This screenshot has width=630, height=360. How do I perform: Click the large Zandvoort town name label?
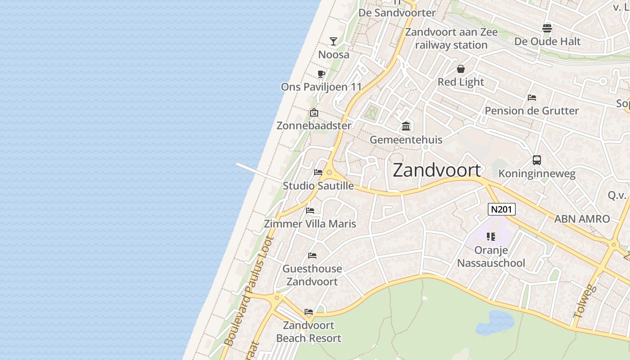click(436, 171)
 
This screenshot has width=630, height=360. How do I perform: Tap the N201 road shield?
click(501, 209)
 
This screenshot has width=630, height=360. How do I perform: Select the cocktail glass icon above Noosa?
click(333, 41)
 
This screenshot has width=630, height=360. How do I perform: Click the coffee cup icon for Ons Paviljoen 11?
click(321, 74)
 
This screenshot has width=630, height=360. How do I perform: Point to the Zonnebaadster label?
click(314, 126)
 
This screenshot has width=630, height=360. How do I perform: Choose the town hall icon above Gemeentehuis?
click(406, 126)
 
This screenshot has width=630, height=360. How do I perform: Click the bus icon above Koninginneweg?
click(536, 160)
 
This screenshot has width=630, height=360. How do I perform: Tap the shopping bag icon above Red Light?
click(460, 69)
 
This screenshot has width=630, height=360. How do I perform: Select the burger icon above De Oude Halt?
click(547, 28)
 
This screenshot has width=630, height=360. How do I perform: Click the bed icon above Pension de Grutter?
click(531, 98)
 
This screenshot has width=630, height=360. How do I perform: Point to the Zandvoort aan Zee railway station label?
click(451, 38)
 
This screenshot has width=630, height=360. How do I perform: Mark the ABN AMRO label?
click(582, 219)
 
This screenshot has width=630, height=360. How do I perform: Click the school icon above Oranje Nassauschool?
click(490, 236)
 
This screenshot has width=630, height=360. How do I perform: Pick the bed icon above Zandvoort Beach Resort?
click(308, 311)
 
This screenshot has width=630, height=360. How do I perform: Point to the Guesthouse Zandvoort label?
click(312, 275)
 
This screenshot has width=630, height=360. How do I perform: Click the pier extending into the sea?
click(259, 173)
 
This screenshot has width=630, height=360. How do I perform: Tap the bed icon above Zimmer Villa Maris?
click(310, 210)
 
